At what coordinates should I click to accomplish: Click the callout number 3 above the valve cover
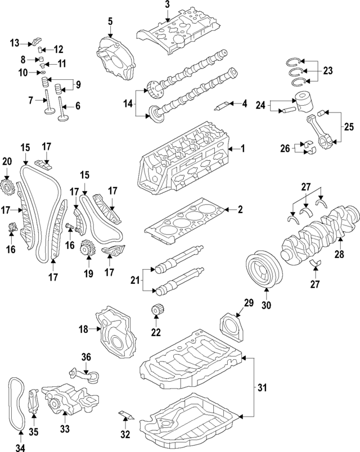[x=167, y=5]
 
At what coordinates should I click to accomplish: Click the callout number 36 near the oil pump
[x=86, y=356]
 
